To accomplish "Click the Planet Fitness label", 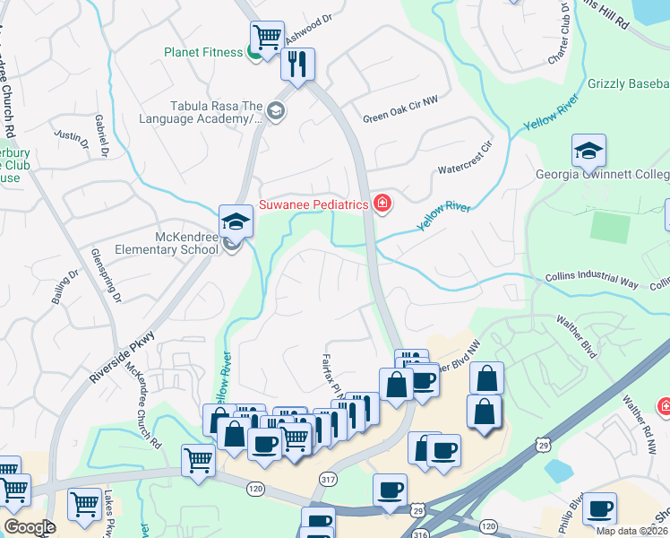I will [203, 52].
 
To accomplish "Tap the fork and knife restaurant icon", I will [297, 65].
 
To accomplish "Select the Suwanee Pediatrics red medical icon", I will [382, 204].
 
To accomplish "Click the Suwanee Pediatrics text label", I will [314, 204].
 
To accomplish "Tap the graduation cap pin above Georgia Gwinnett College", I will [588, 152].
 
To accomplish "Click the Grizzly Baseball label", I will [628, 84].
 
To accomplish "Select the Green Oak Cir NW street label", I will [400, 117].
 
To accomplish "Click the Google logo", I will [29, 527].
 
